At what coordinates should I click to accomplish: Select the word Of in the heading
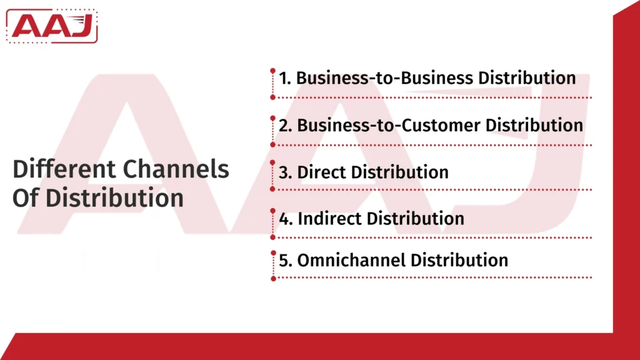pos(26,197)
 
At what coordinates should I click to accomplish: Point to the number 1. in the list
pos(286,78)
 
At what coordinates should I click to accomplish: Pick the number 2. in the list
pos(286,125)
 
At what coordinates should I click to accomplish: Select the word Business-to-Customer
pos(388,125)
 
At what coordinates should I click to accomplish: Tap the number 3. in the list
pos(286,172)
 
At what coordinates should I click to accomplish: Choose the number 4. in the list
pos(286,219)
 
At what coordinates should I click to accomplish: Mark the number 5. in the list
pos(286,259)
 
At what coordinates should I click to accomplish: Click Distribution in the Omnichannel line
pos(459,259)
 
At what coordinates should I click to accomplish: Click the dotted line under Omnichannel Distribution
pos(431,277)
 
